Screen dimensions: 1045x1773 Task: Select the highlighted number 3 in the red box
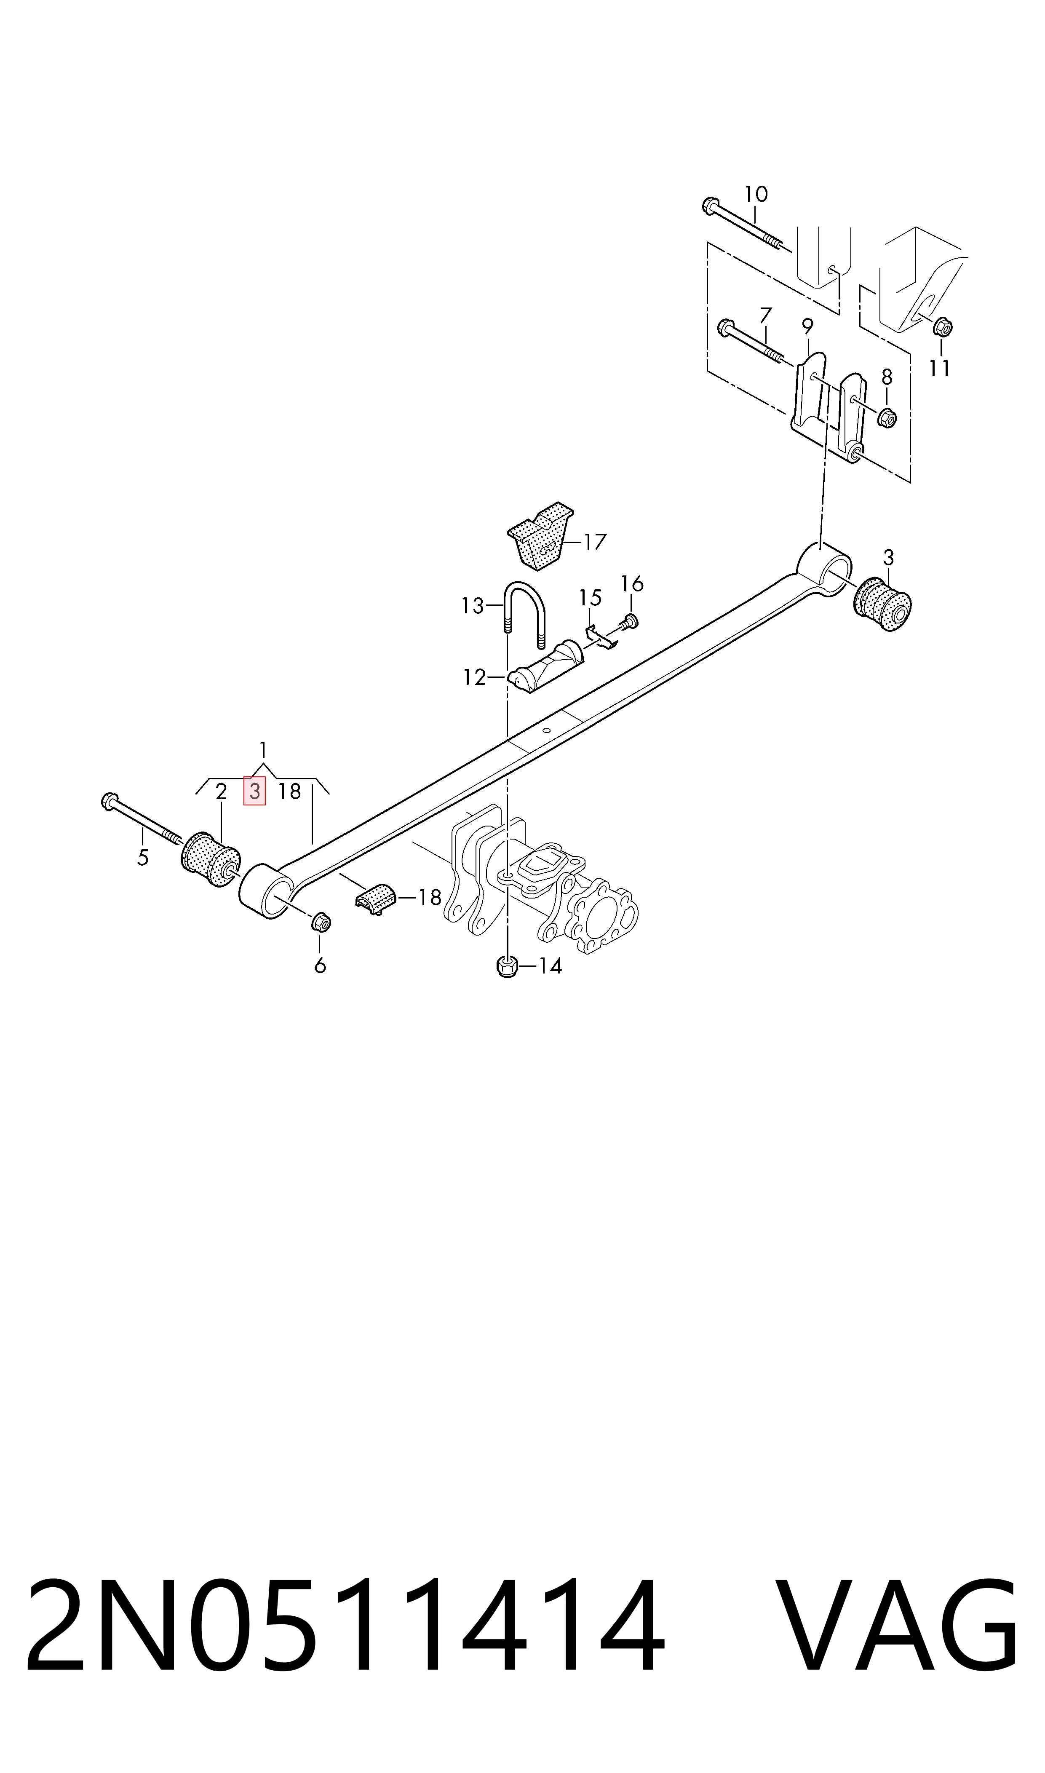[x=254, y=792]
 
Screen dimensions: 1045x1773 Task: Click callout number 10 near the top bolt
[x=756, y=194]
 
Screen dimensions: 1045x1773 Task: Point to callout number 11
[x=939, y=368]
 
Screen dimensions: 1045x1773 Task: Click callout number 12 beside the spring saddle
[x=475, y=677]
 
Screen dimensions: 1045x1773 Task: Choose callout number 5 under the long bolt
[x=143, y=858]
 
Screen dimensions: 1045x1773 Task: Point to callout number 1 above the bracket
[x=263, y=749]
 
